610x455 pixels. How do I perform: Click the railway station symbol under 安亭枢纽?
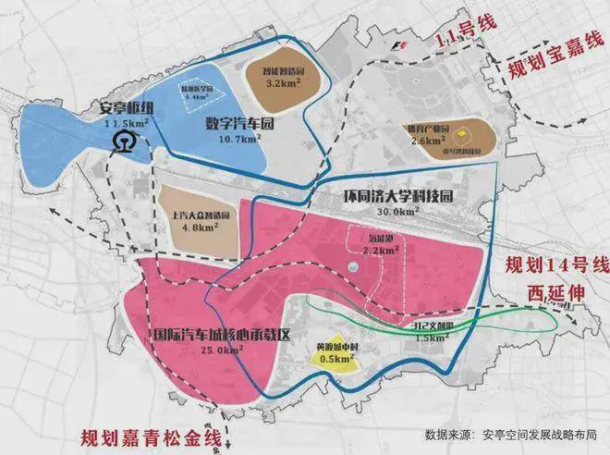pyautogui.click(x=122, y=141)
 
